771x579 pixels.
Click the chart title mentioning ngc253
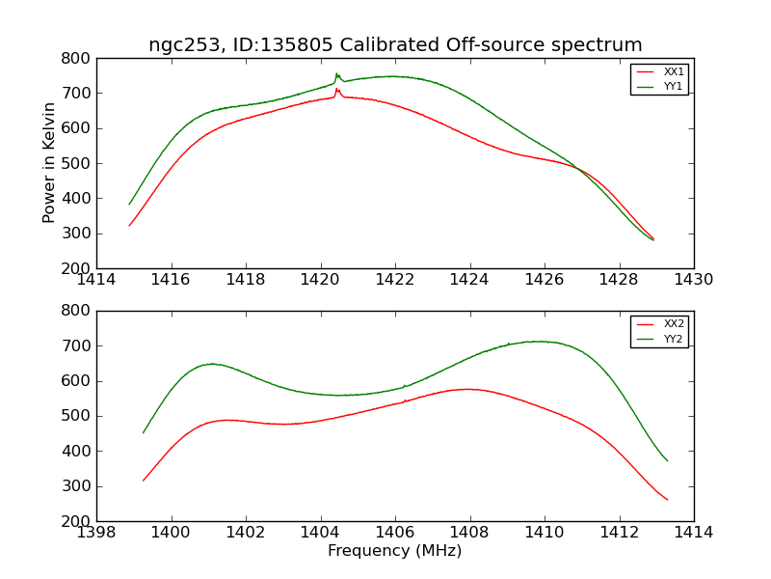pos(395,45)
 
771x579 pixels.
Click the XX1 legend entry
pos(673,72)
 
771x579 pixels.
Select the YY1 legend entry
pos(673,86)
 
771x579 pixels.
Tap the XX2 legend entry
pos(673,324)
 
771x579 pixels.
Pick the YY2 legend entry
pos(673,339)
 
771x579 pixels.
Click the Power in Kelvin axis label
pos(49,162)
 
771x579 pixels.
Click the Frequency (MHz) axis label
pos(395,551)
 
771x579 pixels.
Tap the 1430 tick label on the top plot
pos(694,280)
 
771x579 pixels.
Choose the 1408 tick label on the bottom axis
pos(469,533)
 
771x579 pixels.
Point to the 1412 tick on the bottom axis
pos(619,533)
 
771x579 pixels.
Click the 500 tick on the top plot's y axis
pos(77,163)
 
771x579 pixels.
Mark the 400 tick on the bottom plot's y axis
pos(77,451)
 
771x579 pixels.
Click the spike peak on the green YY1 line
pos(336,73)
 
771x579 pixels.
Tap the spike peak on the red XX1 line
pos(336,90)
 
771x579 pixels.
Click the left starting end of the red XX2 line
pos(144,481)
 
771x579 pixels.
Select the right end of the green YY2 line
pos(667,460)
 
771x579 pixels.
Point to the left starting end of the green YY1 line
pos(129,205)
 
